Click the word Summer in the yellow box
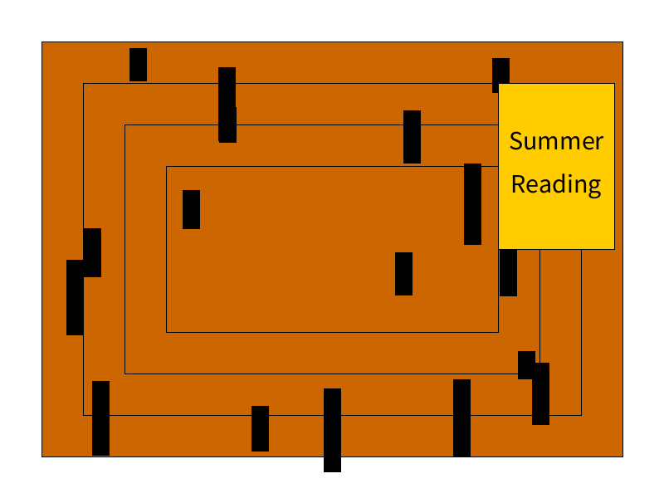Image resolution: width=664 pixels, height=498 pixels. point(556,141)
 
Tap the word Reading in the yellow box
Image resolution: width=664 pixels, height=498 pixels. point(556,184)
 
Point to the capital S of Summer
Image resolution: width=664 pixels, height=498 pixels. point(517,141)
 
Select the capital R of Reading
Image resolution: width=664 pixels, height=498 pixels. point(519,183)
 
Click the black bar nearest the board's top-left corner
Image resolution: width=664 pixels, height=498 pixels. point(138,65)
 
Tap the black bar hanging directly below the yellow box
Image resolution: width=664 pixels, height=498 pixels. point(508,272)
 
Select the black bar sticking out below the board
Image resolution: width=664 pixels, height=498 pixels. point(332,430)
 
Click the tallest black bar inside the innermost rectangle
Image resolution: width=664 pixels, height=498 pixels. point(472,204)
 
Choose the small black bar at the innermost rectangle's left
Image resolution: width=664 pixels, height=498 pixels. point(191,209)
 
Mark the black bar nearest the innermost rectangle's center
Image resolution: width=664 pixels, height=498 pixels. point(403,274)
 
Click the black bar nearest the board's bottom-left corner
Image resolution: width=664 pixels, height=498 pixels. point(100,418)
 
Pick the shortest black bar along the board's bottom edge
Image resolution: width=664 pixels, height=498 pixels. point(260,428)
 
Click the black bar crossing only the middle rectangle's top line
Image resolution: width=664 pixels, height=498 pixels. point(412,137)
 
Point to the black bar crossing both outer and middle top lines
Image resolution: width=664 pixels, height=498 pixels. point(227,105)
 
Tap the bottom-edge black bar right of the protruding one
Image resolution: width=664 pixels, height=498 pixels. point(461,417)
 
